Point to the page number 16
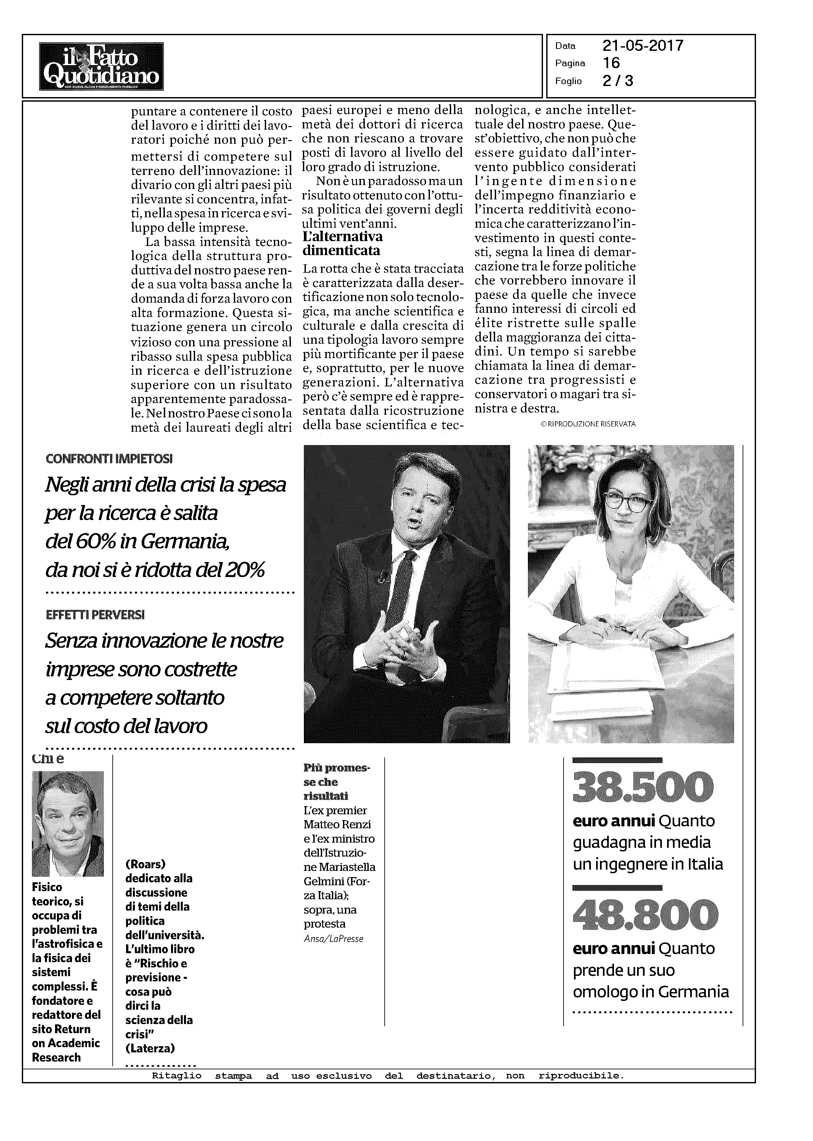[x=612, y=63]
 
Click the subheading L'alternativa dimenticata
[x=343, y=243]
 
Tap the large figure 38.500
[x=642, y=786]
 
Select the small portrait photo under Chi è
[x=68, y=824]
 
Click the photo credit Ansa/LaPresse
[x=334, y=939]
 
